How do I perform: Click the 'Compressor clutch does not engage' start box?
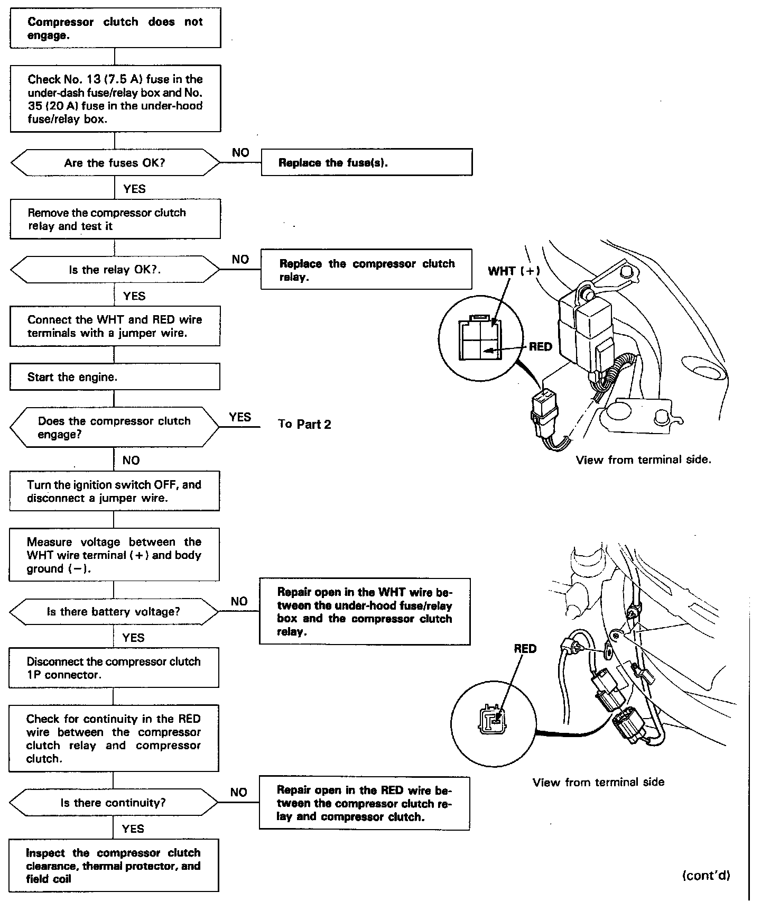tap(115, 28)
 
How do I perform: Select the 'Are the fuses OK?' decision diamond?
tap(115, 163)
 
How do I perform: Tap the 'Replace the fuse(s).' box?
tap(367, 162)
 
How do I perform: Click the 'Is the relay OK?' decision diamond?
tap(115, 270)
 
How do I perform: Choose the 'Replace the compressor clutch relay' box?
tap(366, 270)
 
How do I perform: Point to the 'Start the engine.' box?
tap(115, 377)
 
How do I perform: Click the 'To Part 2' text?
tap(304, 424)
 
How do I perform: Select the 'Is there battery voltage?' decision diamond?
tap(114, 612)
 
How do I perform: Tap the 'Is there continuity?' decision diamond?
tap(114, 803)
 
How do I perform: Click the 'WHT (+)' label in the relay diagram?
tap(514, 271)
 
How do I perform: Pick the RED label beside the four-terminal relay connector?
tap(540, 347)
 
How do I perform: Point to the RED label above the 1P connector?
tap(525, 649)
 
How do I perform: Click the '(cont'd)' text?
tap(706, 876)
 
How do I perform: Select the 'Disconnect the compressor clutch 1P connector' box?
tap(114, 668)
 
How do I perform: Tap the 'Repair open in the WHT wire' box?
tap(365, 612)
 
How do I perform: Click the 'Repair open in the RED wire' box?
tap(365, 803)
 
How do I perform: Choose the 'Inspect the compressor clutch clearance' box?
tap(114, 866)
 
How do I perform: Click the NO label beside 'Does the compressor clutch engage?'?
tap(131, 461)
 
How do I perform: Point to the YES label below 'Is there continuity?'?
tap(133, 829)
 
